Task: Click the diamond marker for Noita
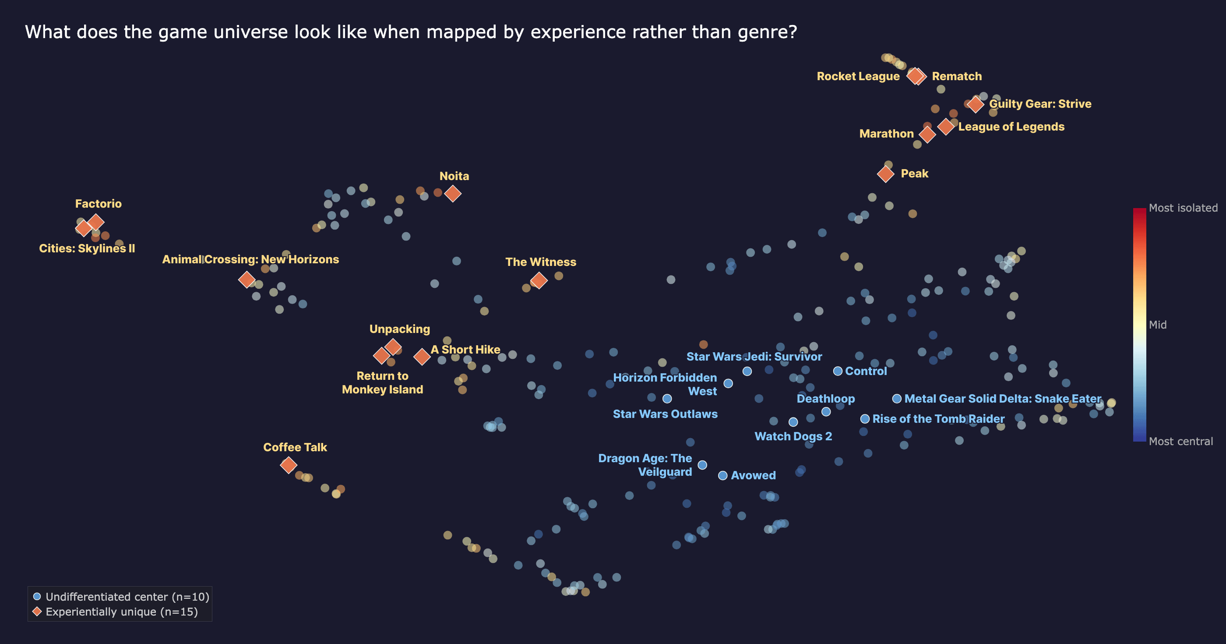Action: point(453,193)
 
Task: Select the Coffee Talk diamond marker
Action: point(289,465)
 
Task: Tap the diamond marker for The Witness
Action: point(539,280)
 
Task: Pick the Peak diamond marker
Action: point(886,174)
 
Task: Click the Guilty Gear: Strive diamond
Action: point(975,104)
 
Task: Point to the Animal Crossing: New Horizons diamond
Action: point(247,279)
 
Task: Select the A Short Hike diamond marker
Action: point(422,356)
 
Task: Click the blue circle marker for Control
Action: point(838,371)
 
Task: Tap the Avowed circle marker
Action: point(722,475)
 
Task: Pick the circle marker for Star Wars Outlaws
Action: point(667,399)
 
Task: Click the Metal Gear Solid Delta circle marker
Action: point(897,399)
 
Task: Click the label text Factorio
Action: point(99,204)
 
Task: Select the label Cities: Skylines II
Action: point(87,249)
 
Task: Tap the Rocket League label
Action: point(858,76)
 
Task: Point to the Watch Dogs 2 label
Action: point(793,436)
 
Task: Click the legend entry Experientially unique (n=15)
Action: point(121,612)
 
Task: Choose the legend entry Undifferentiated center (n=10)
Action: point(127,597)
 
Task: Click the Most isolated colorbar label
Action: point(1183,208)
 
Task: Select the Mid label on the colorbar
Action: point(1157,325)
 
